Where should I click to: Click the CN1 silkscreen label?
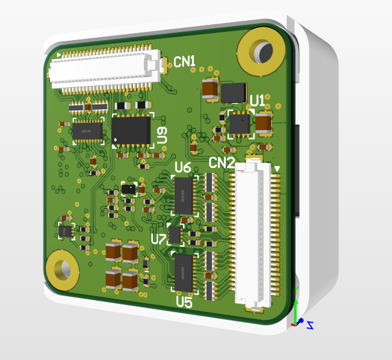pos(185,62)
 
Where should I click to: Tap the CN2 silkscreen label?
pos(221,163)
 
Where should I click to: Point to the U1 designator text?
pos(257,100)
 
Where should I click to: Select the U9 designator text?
pos(163,136)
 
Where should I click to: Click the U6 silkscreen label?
pos(183,168)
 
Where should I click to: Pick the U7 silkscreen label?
pos(158,239)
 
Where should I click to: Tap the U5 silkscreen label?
pos(184,302)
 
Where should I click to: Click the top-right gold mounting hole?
pos(262,52)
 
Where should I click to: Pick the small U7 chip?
pos(175,235)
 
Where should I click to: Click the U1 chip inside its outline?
pos(239,124)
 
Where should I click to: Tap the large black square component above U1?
pos(233,93)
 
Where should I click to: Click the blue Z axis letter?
pos(310,325)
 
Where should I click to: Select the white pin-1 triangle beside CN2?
pos(277,169)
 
